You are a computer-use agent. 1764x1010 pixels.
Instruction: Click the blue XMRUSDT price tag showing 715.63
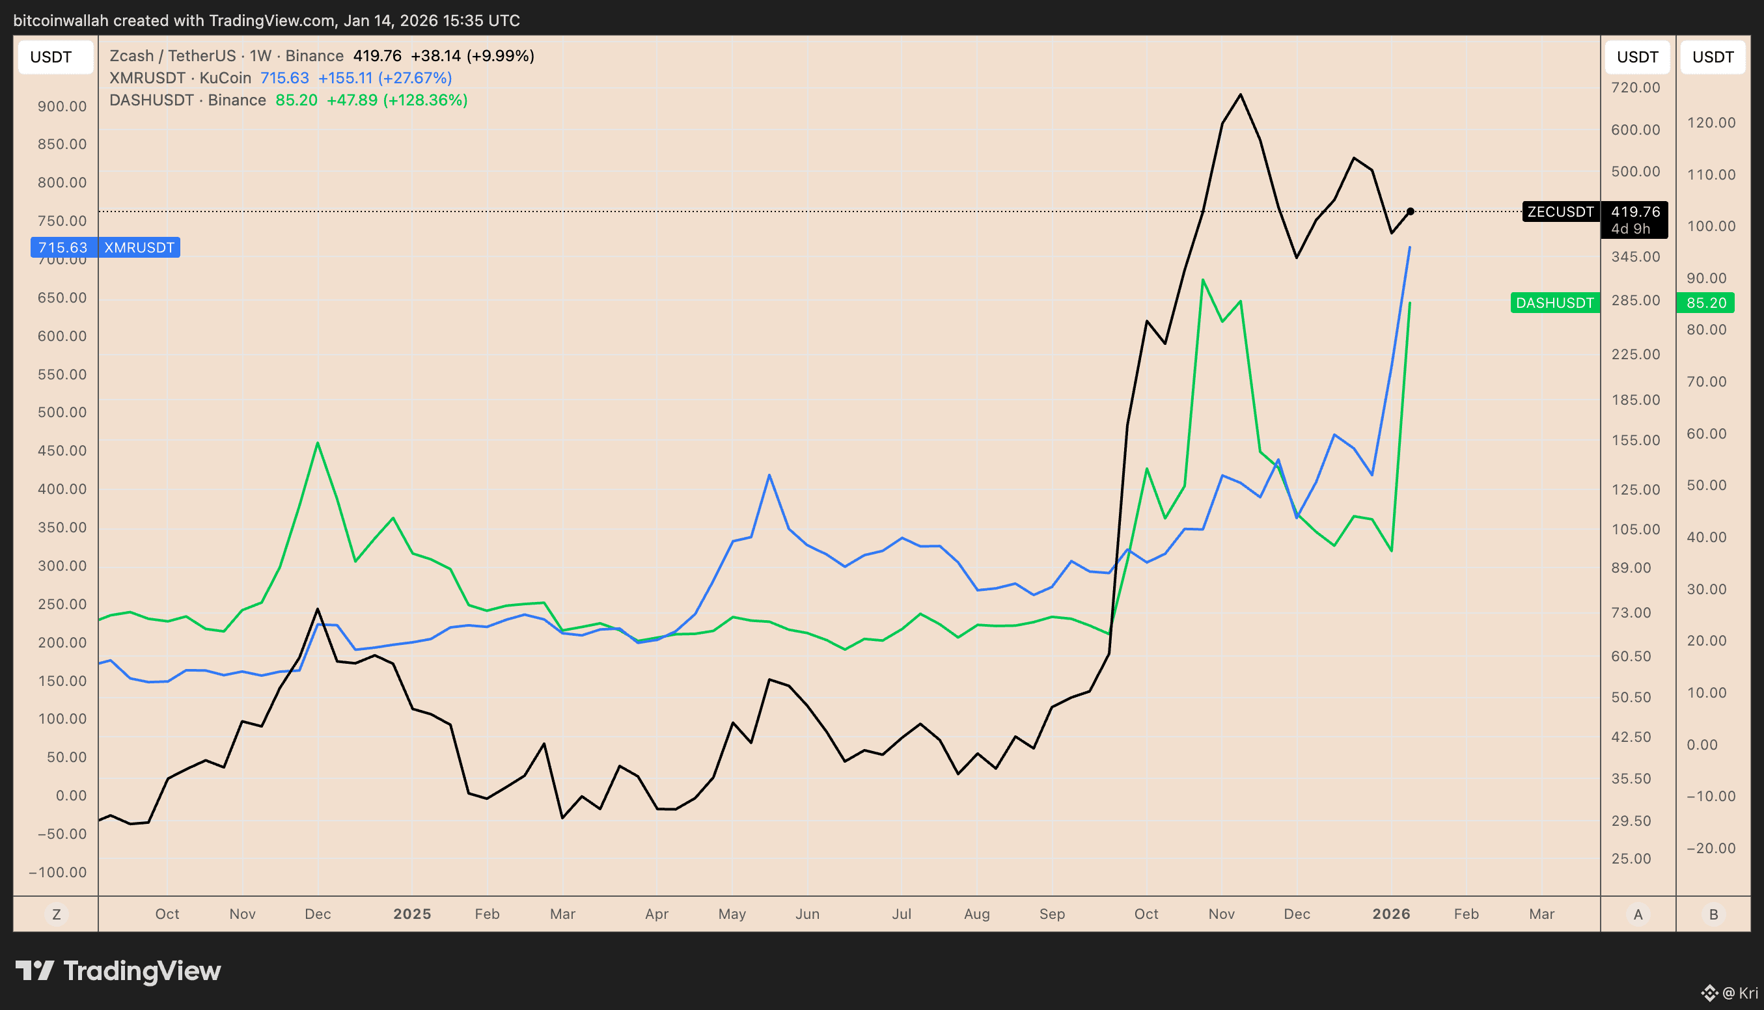63,248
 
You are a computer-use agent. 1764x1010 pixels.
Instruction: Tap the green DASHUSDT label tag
1554,303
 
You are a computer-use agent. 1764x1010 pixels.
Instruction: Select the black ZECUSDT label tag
1560,212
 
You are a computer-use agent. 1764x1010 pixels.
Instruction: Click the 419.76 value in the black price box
1635,212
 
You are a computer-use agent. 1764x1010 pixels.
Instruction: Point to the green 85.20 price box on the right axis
1705,303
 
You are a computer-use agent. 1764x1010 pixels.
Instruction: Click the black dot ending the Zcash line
1411,212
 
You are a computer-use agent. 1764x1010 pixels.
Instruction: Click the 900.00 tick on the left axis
62,107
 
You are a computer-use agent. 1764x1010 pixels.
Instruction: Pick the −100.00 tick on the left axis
59,873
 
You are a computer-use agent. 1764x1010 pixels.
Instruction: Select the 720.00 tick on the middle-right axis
1636,88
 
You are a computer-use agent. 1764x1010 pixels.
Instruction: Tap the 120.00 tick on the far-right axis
1711,123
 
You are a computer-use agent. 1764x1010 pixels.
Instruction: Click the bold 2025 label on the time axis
412,914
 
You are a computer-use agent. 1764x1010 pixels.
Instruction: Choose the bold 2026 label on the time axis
1391,914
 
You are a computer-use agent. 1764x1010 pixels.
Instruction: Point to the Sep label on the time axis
1052,914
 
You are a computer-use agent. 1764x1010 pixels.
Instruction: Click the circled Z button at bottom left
56,914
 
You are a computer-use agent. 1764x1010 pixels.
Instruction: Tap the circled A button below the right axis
1638,914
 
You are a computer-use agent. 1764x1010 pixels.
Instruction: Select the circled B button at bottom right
1713,914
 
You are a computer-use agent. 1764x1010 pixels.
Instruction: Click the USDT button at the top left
51,57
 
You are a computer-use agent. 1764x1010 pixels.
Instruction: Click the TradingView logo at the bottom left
118,971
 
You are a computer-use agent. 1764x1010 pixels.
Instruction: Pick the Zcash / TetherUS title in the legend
172,56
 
